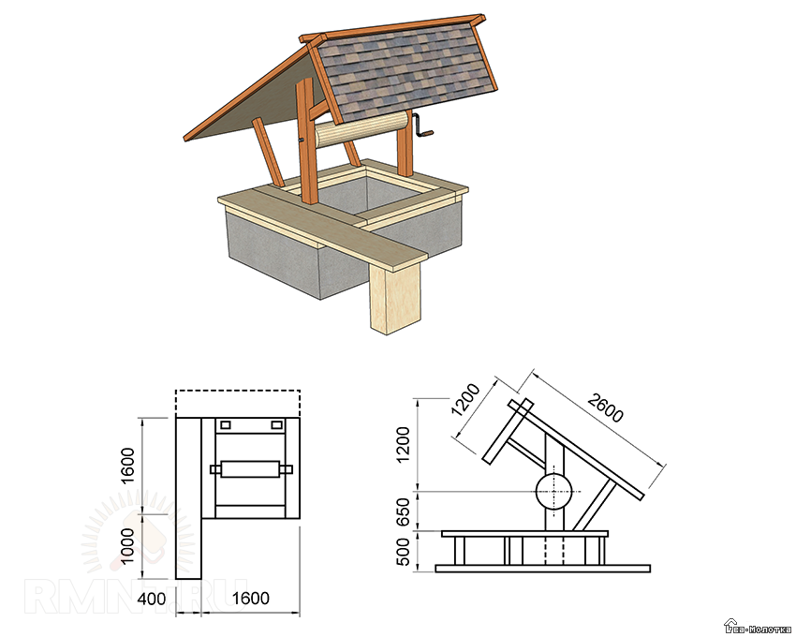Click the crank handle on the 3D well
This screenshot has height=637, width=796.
(422, 131)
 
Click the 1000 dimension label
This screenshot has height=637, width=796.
(128, 547)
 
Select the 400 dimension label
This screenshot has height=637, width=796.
(154, 599)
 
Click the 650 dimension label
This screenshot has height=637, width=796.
(404, 511)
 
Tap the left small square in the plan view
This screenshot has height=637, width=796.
(224, 425)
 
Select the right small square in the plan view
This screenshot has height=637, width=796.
(276, 425)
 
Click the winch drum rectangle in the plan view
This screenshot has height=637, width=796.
(249, 468)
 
